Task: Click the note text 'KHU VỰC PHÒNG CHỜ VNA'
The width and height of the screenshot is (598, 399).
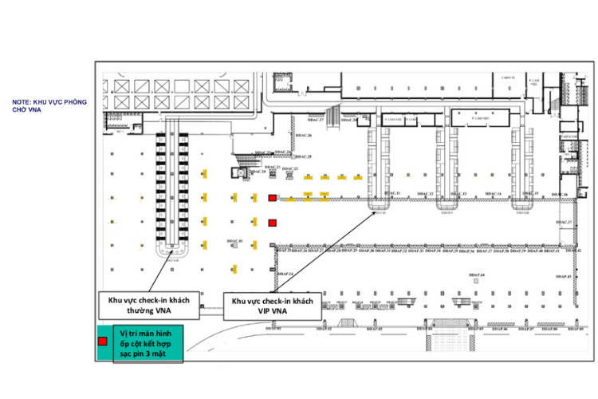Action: tap(49, 105)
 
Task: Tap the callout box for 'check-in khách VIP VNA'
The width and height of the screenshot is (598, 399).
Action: tap(271, 305)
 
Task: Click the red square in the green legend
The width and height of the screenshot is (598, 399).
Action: tap(102, 342)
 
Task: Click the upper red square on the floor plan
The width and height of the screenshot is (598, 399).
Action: tap(272, 197)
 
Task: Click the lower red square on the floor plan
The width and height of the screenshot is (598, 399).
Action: tap(272, 223)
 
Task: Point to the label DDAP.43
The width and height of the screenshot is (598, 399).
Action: tap(564, 276)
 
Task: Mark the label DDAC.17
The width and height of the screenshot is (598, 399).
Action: tap(564, 222)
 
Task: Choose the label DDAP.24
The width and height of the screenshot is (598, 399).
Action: tap(286, 275)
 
